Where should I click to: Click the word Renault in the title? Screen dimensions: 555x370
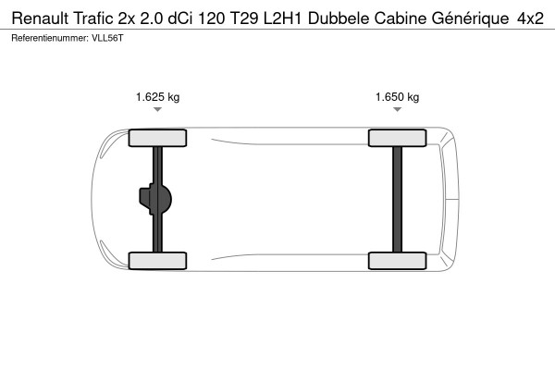40,18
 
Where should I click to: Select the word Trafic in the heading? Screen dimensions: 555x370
93,18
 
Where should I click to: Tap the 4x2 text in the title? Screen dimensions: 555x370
530,18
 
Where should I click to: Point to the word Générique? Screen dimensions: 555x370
470,18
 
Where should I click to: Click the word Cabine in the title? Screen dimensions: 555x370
401,18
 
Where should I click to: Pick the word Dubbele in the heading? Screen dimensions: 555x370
339,18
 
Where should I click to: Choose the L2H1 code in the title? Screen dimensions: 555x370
282,18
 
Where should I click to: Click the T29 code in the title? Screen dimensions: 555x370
244,18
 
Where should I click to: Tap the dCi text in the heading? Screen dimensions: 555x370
180,18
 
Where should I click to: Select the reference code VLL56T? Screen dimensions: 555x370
107,38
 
